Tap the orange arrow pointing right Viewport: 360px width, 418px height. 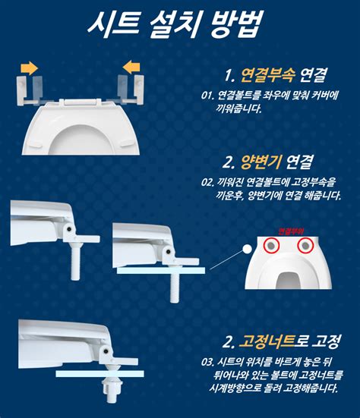[x=28, y=68]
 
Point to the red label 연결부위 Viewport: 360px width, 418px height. [x=289, y=230]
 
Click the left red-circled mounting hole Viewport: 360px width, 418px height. [x=271, y=245]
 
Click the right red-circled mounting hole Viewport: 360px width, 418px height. [x=305, y=245]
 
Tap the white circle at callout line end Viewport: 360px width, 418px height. [x=246, y=250]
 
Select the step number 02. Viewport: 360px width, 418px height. [x=207, y=183]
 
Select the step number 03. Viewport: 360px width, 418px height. [x=207, y=361]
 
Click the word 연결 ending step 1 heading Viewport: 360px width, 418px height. [x=313, y=75]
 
